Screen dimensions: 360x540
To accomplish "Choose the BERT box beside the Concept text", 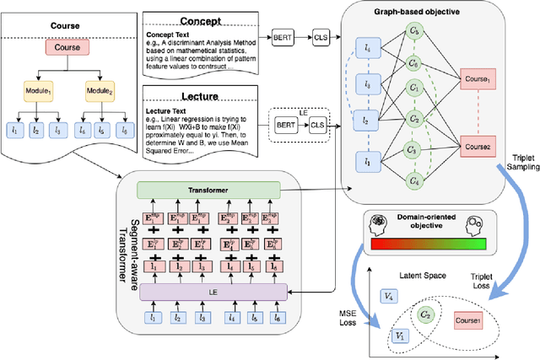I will coord(283,37).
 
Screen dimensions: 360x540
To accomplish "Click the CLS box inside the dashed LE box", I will coord(316,124).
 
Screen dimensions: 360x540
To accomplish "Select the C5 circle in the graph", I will coord(413,150).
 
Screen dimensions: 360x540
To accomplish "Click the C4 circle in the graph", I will coord(413,180).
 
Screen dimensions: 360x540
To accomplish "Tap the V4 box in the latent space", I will coord(388,296).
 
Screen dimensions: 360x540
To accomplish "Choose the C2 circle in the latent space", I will coord(428,316).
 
